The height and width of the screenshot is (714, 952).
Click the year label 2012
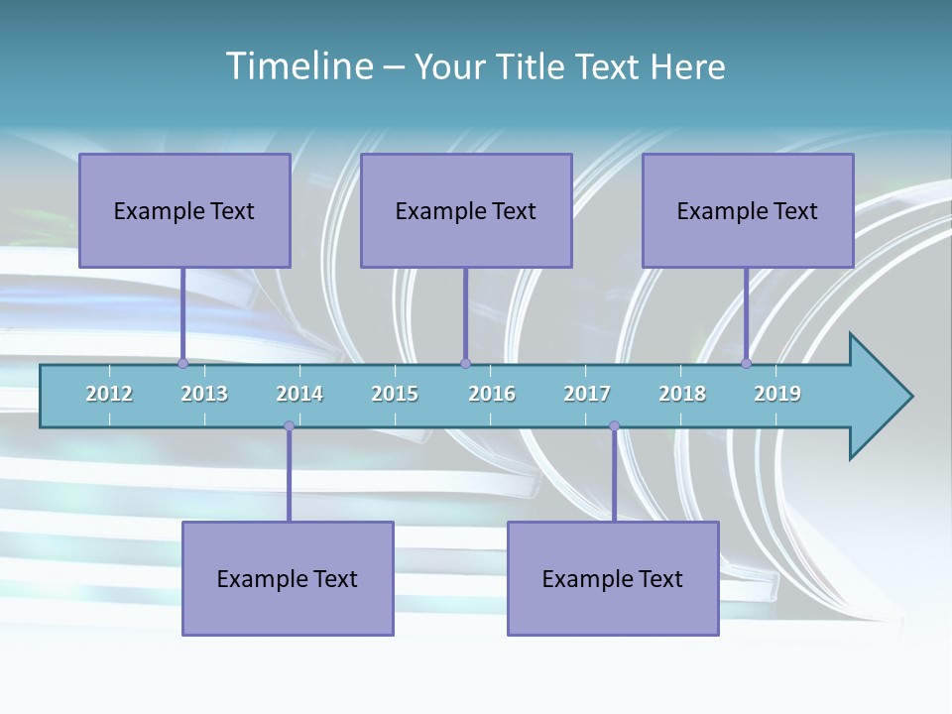click(109, 394)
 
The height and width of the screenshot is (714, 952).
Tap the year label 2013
click(204, 394)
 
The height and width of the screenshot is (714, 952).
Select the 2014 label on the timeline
click(299, 394)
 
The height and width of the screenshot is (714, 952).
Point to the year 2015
click(395, 394)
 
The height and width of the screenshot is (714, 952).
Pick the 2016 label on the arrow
click(492, 394)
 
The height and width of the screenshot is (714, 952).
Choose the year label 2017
click(587, 394)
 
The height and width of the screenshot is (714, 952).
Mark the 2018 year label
click(682, 394)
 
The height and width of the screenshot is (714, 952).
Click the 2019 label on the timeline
click(777, 394)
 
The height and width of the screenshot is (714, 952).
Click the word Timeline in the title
click(298, 66)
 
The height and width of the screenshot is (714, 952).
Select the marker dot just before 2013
click(182, 364)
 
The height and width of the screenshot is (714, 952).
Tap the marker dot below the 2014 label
click(289, 426)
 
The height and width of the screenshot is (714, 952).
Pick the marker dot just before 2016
click(465, 364)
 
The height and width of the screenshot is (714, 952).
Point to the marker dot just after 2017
click(614, 426)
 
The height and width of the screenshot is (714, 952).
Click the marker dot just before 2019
click(746, 364)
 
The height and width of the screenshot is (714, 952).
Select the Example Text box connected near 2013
click(184, 210)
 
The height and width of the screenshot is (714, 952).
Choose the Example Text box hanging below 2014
click(288, 578)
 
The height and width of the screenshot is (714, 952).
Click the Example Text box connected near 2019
click(748, 210)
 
